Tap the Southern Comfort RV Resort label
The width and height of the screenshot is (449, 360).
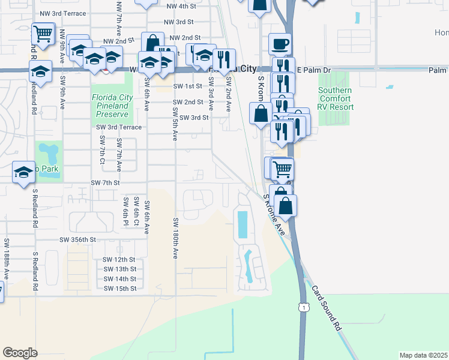pos(336,98)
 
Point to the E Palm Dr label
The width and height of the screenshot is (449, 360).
pos(314,71)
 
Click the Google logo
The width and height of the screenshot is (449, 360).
pos(20,353)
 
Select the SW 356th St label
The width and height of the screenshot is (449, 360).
pos(77,239)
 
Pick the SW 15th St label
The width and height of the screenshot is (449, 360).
pos(120,289)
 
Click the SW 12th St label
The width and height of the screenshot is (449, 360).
pos(120,260)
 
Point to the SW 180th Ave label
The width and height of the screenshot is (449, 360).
pos(176,238)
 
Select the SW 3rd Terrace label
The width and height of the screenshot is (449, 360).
pos(119,127)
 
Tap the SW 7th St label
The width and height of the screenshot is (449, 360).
pos(106,182)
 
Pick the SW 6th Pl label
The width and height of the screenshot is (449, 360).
pos(126,207)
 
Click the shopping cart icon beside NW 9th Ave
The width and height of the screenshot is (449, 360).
pos(43,34)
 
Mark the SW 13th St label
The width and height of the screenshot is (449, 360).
pos(120,269)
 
